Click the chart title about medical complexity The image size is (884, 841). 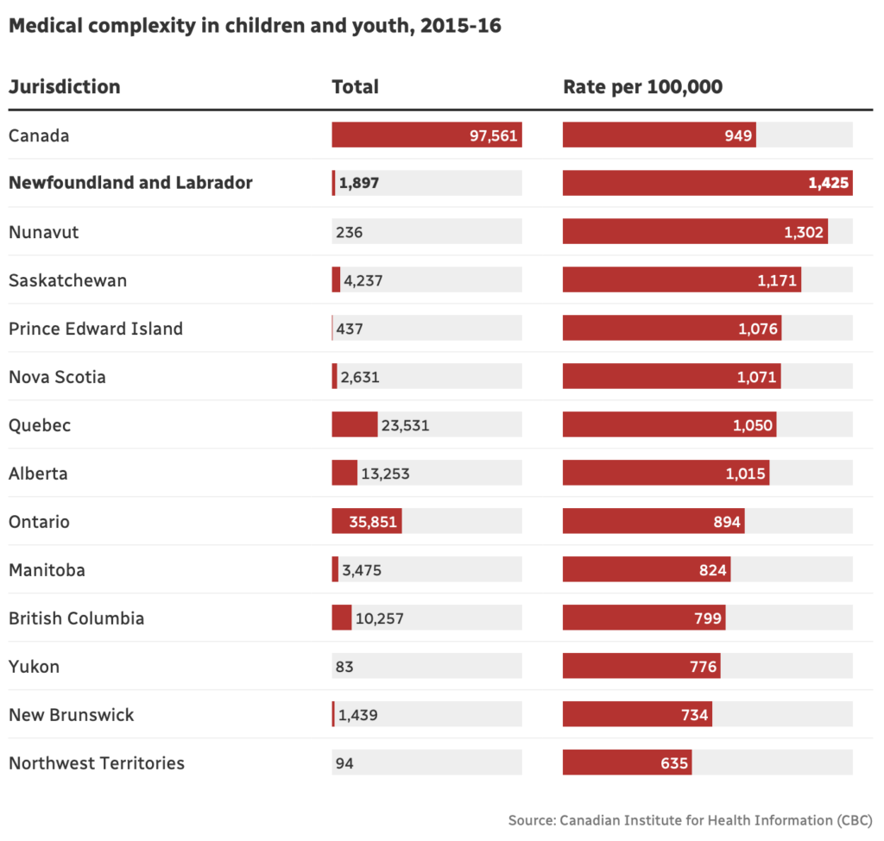tap(255, 27)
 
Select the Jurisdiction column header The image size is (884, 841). tap(65, 87)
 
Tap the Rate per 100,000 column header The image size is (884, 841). tap(642, 87)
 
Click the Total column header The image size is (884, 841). tap(355, 87)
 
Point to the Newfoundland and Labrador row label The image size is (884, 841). tap(130, 183)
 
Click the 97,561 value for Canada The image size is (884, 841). tap(493, 135)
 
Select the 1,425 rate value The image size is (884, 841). tap(829, 183)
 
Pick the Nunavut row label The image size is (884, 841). tap(43, 232)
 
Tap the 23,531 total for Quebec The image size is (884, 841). tap(405, 425)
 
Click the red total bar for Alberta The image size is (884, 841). tap(344, 474)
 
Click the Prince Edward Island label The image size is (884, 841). tap(96, 329)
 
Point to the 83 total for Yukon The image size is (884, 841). tap(344, 667)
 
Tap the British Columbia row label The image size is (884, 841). tap(77, 618)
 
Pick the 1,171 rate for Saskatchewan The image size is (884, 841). tap(778, 280)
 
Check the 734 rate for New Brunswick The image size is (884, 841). tap(694, 715)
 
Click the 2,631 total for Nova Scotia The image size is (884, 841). tap(360, 377)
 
